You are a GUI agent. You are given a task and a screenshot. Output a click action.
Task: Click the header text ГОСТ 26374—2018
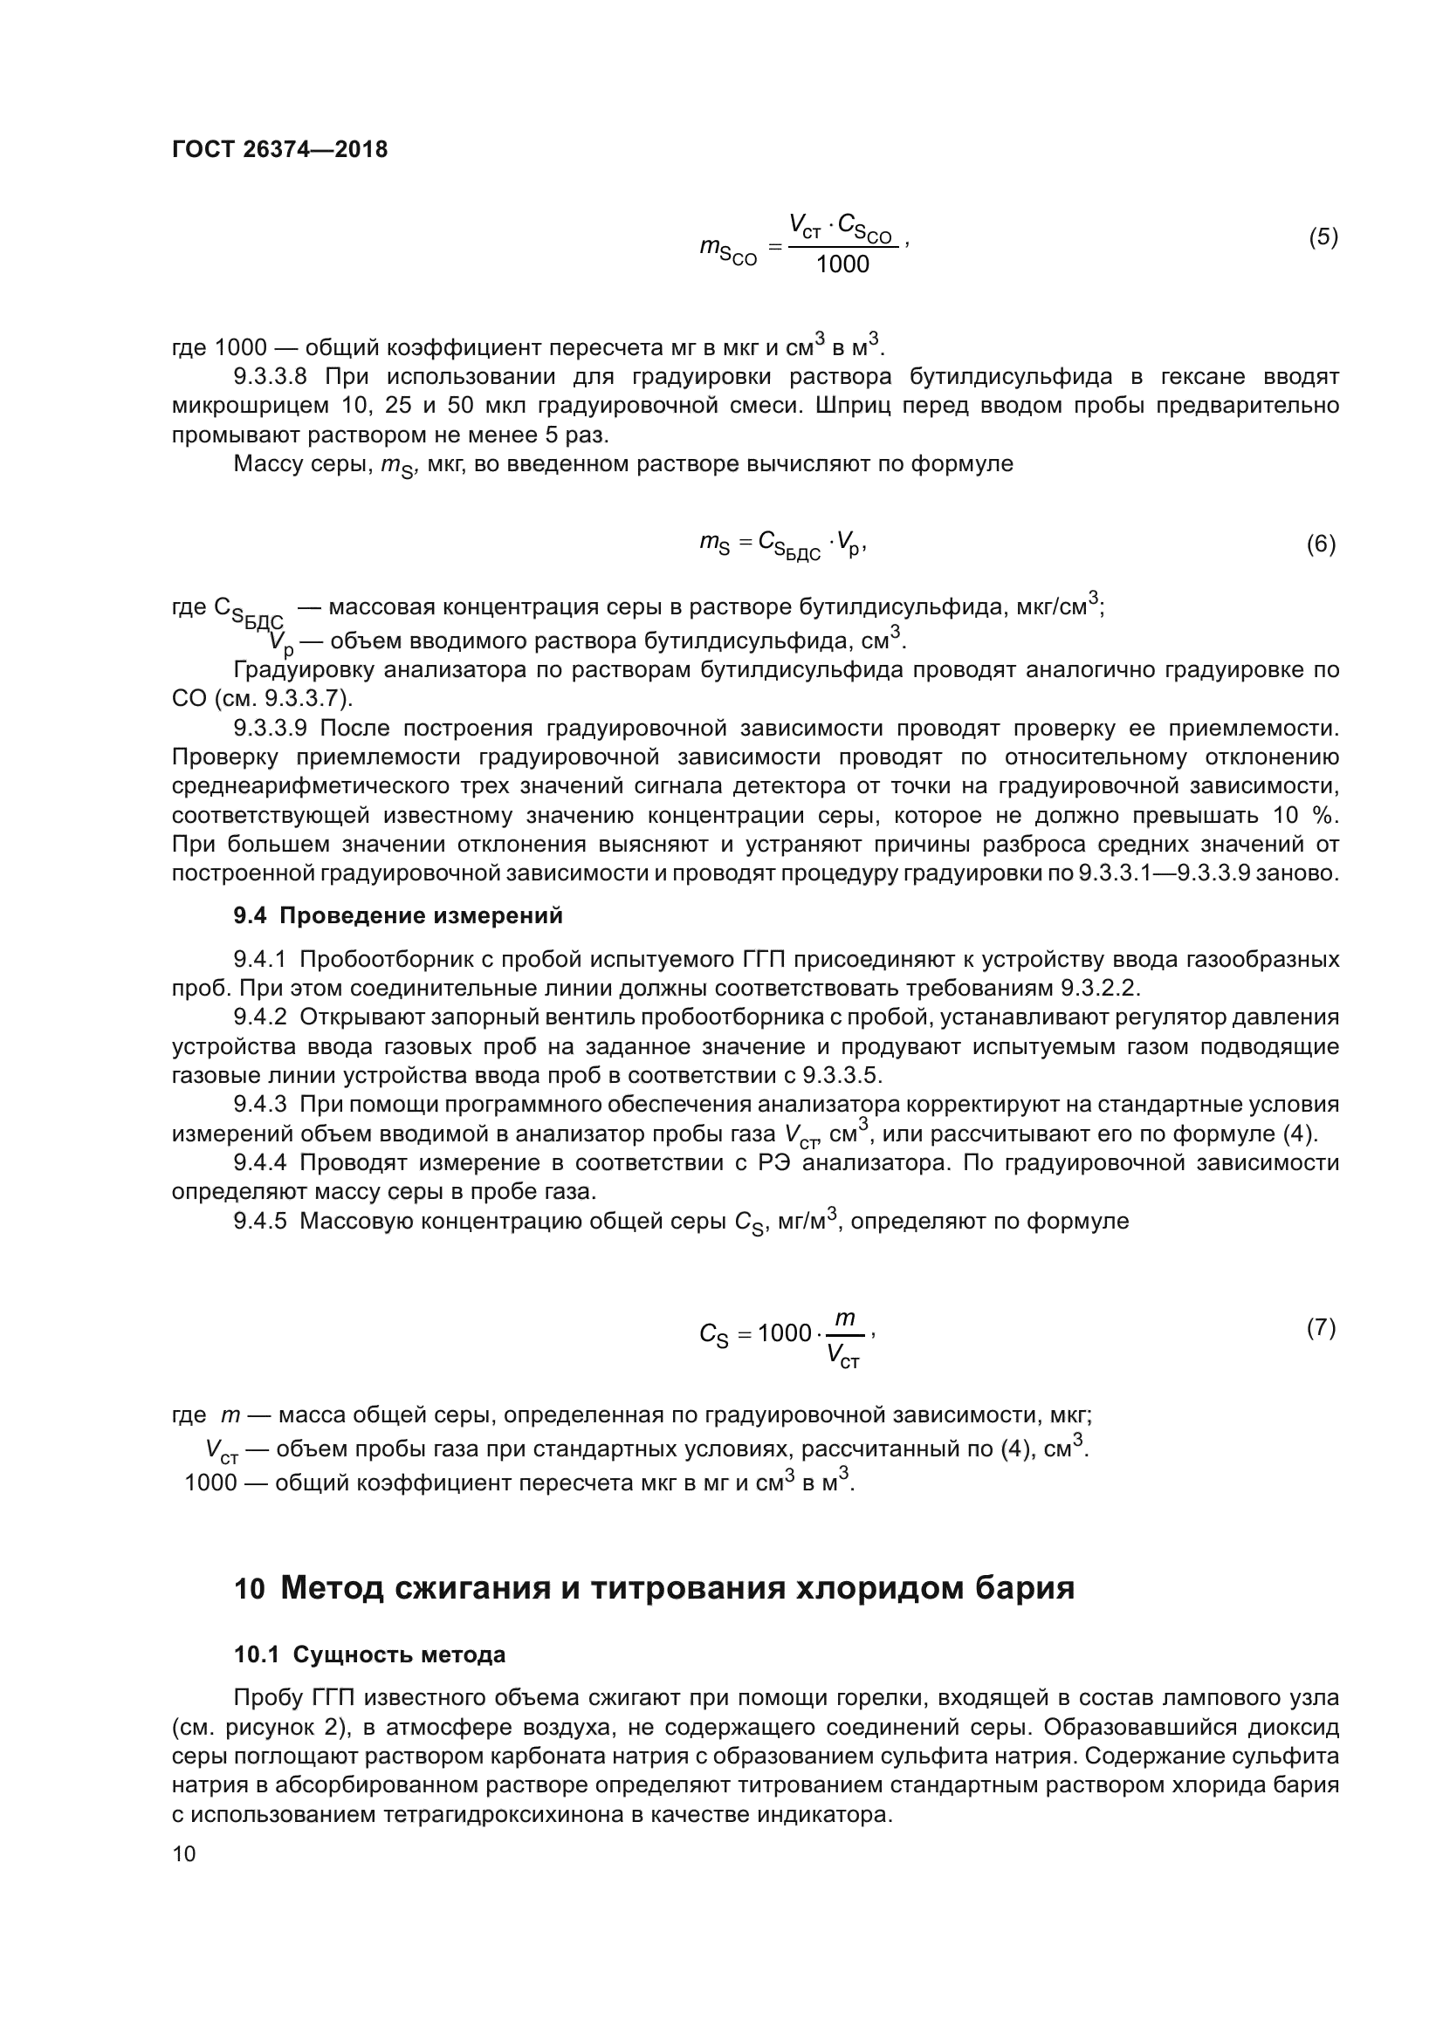[x=279, y=149]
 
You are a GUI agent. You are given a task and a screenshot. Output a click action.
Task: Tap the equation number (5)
[x=1322, y=237]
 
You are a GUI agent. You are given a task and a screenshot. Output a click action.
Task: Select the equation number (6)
[x=1320, y=544]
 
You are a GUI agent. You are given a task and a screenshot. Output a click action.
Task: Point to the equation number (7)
[x=1320, y=1328]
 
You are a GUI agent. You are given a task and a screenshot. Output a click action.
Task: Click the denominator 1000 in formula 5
[x=842, y=264]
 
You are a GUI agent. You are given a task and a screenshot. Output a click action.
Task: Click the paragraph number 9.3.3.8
[x=270, y=376]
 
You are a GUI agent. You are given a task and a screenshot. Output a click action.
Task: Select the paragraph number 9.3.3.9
[x=270, y=728]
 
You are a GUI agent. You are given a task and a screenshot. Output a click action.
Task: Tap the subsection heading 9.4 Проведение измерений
[x=398, y=914]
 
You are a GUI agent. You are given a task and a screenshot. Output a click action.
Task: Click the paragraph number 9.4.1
[x=259, y=959]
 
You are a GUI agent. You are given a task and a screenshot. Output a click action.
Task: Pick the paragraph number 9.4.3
[x=259, y=1104]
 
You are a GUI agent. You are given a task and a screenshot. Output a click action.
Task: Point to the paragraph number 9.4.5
[x=259, y=1221]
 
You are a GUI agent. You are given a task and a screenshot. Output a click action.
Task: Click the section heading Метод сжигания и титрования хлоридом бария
[x=677, y=1587]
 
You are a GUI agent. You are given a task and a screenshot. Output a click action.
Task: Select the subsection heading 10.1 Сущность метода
[x=370, y=1654]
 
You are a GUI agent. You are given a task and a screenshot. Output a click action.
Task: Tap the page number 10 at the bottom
[x=183, y=1853]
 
